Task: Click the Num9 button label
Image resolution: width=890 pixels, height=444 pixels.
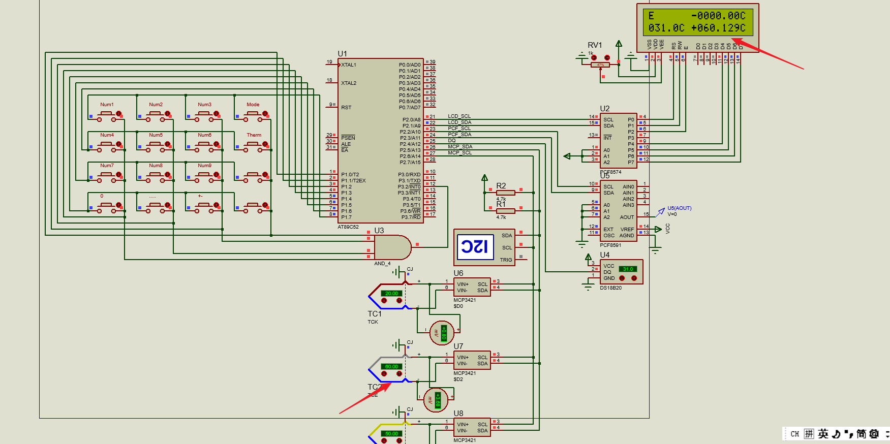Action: pos(204,166)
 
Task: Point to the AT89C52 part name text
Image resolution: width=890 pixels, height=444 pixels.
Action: pos(348,227)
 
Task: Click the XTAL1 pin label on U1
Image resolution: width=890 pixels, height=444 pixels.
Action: pos(349,65)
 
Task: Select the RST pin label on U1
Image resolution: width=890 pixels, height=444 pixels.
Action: pos(346,108)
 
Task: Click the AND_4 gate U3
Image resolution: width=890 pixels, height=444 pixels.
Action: pos(392,248)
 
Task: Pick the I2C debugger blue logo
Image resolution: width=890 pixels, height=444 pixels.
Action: pos(475,247)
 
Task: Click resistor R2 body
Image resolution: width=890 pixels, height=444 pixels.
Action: pos(505,193)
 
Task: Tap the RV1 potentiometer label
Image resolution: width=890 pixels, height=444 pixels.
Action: pos(595,45)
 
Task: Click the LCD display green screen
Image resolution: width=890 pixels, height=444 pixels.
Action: pos(697,22)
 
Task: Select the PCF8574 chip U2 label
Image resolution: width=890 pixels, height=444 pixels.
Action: pos(604,109)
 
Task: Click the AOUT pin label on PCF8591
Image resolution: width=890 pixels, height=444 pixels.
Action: pos(627,217)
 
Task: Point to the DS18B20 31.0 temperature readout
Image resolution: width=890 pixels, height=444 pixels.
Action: pos(628,269)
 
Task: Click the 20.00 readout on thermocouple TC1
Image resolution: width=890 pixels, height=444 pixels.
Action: pos(391,294)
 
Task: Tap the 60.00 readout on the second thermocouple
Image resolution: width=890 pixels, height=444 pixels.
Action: pos(391,367)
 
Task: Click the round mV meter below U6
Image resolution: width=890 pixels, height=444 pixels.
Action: pos(442,333)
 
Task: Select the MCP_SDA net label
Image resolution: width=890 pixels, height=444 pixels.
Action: pos(459,147)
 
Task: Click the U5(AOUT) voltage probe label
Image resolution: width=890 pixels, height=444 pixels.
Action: pos(679,208)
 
